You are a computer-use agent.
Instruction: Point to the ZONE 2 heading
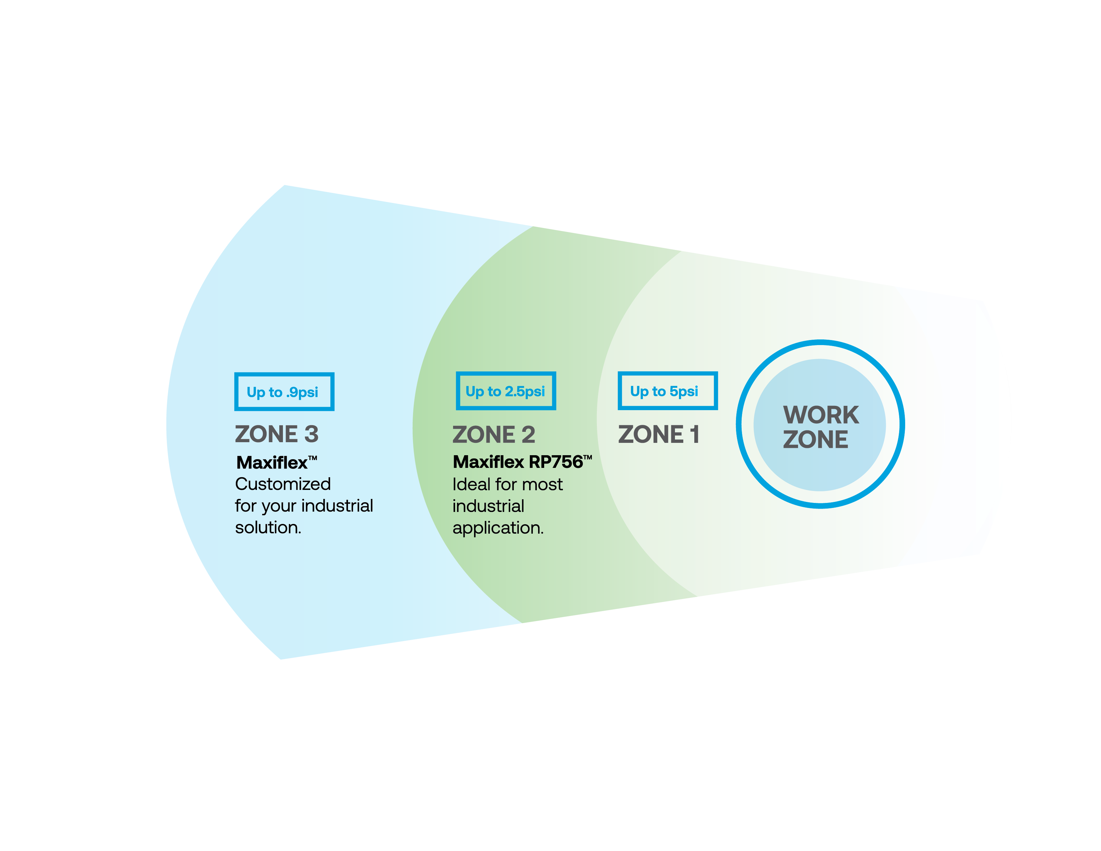tap(493, 435)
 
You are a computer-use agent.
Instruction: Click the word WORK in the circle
tap(821, 415)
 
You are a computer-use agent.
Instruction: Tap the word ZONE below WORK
tap(815, 439)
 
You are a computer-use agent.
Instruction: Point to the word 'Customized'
tap(283, 484)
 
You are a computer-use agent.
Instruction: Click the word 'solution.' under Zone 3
tap(268, 527)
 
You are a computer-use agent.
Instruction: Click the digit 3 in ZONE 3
tap(311, 434)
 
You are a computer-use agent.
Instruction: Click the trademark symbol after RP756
tap(588, 457)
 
